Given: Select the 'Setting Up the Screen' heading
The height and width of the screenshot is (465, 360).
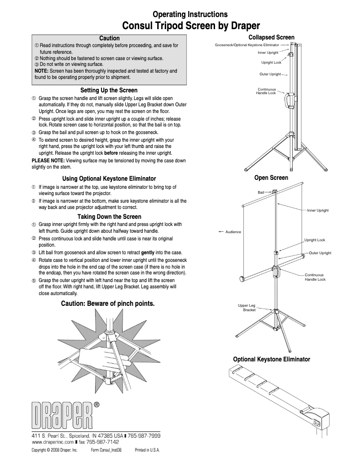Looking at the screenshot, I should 109,90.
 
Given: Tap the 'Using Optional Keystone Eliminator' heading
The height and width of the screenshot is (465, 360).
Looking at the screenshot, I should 109,178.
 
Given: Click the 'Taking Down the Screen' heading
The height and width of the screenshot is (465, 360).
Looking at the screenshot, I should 109,217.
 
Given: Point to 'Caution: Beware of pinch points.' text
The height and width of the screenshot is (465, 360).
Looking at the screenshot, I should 108,304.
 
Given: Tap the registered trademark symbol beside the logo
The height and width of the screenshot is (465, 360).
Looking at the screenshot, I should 97,404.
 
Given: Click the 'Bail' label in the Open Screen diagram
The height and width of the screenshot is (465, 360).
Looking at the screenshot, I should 261,192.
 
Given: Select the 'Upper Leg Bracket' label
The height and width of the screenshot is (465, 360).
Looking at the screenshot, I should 246,308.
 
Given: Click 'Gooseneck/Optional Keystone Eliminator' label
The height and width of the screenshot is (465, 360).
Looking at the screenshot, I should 247,45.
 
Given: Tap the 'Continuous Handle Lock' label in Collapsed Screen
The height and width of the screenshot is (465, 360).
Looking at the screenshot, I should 266,91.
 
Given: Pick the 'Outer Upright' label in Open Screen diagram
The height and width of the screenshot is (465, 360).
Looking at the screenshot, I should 320,253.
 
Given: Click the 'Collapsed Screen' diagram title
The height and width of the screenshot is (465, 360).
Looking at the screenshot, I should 271,37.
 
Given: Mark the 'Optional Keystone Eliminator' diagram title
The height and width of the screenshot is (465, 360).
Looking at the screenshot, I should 271,359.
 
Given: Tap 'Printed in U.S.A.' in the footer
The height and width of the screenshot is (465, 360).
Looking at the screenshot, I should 147,450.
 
